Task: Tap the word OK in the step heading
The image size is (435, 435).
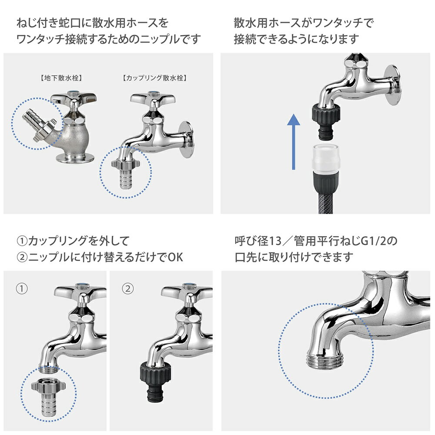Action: click(174, 257)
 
